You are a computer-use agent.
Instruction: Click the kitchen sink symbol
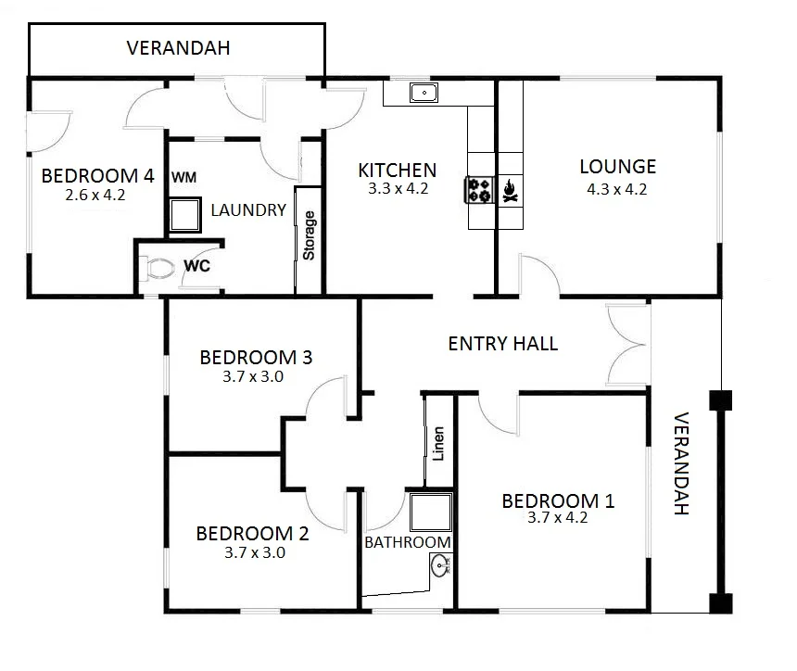pos(424,93)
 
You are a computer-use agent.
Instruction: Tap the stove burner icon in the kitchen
pos(479,190)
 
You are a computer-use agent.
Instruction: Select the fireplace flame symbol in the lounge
pos(509,191)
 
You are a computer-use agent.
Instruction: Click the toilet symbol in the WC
pos(159,270)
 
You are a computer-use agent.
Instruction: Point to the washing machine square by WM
pos(185,215)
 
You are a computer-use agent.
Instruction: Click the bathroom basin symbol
pos(441,563)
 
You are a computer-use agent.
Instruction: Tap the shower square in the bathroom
pos(431,512)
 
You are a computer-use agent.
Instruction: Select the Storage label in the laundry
pos(310,235)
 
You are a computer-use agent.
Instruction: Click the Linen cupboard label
pos(439,443)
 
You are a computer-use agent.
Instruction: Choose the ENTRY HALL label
pos(502,344)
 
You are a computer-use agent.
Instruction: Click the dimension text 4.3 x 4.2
pos(616,189)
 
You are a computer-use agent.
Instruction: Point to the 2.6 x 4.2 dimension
pos(95,196)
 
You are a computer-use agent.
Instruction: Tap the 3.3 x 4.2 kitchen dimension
pos(397,189)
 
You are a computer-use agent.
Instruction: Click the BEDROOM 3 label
pos(255,358)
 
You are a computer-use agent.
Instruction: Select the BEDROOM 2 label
pos(252,534)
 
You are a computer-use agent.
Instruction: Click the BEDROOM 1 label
pos(557,501)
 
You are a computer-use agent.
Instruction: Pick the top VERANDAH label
pos(178,48)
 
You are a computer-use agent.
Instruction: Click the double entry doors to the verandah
pos(626,344)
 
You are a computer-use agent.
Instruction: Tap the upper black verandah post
pos(720,400)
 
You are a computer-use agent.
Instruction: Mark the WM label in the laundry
pos(183,177)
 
